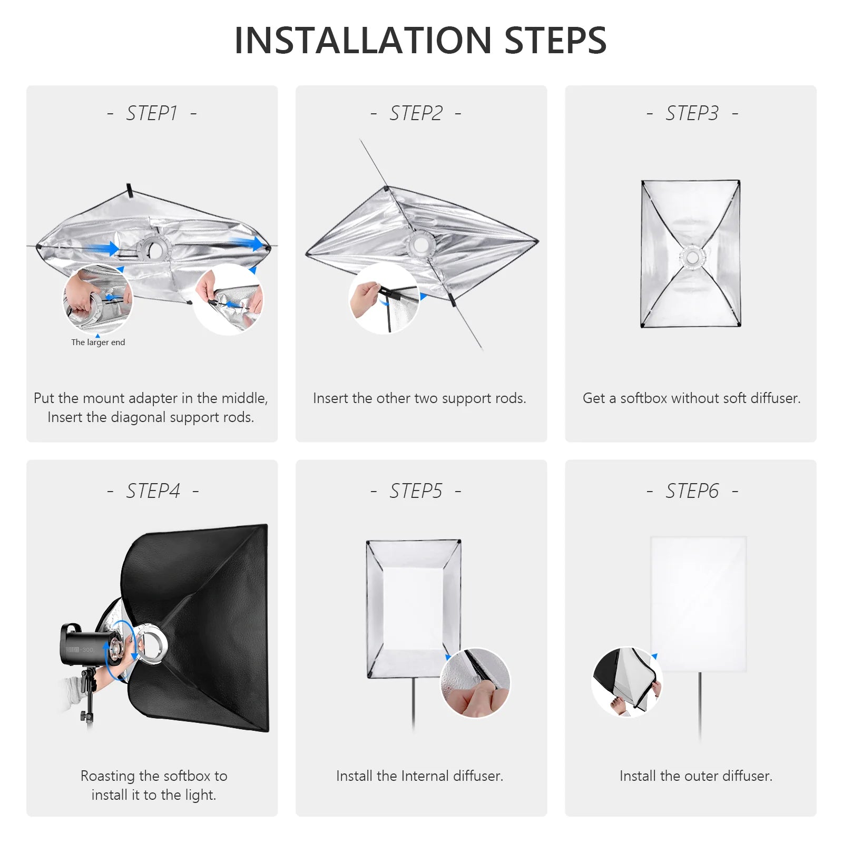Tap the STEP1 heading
(x=152, y=113)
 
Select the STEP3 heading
(x=692, y=113)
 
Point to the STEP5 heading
(x=416, y=491)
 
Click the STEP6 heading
(x=692, y=491)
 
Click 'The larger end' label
(x=98, y=342)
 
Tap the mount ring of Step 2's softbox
(x=420, y=244)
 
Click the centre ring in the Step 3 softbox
(x=692, y=258)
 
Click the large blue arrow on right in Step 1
(x=247, y=243)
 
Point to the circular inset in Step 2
(x=384, y=298)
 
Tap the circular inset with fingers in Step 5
(x=475, y=683)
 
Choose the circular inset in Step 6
(x=627, y=682)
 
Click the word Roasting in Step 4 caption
(x=107, y=776)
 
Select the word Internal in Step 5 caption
(x=425, y=776)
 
